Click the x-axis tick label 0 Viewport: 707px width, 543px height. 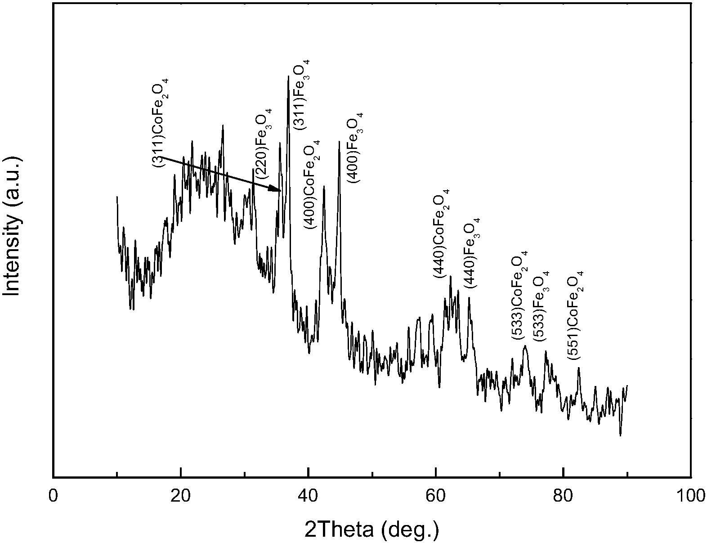tap(53, 496)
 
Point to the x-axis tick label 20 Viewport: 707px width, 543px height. tap(180, 496)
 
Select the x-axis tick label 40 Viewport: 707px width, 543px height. tap(308, 496)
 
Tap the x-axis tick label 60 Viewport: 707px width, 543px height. tap(435, 496)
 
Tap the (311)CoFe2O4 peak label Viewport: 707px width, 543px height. tap(161, 123)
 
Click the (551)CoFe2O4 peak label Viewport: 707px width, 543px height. tap(575, 314)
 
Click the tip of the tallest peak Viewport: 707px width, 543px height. tap(288, 76)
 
